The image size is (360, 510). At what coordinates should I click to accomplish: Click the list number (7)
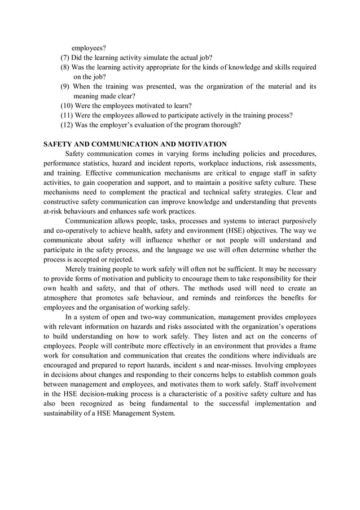tap(65, 58)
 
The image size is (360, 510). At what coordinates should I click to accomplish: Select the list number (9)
tap(65, 86)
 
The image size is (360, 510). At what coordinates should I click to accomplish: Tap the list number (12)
tap(67, 125)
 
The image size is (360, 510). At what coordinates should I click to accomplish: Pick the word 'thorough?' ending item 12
tap(225, 125)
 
